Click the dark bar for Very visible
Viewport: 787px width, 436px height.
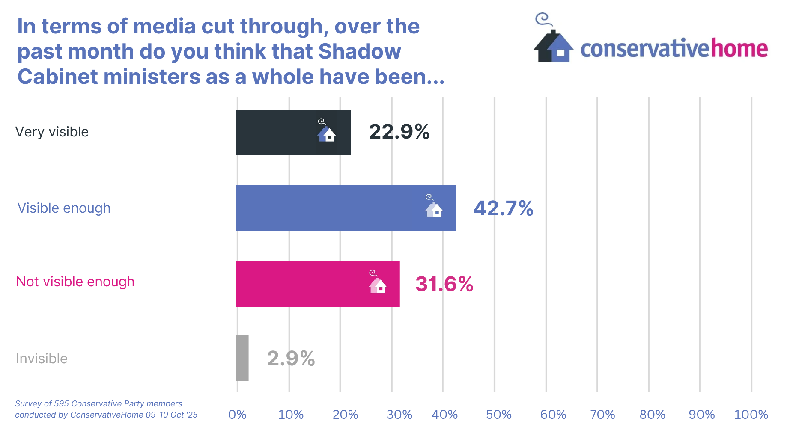click(293, 132)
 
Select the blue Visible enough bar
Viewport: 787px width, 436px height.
click(346, 208)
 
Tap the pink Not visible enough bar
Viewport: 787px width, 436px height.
click(318, 284)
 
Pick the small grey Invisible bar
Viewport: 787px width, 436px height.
click(242, 358)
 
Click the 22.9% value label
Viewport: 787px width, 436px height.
click(399, 132)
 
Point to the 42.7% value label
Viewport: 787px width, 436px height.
click(503, 208)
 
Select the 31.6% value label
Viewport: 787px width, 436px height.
click(444, 284)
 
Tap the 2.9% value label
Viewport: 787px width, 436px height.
click(291, 359)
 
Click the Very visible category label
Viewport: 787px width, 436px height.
click(52, 132)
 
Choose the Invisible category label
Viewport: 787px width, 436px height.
click(42, 359)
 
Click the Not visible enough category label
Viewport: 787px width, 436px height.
click(75, 282)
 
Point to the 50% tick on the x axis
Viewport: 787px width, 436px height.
click(499, 415)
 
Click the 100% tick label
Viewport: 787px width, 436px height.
click(751, 415)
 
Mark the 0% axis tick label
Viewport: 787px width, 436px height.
click(237, 415)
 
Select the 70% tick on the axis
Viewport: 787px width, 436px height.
click(602, 415)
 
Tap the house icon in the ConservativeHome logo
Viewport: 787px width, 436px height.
click(553, 46)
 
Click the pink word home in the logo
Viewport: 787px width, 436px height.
click(739, 49)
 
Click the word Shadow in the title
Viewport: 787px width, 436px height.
click(360, 52)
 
